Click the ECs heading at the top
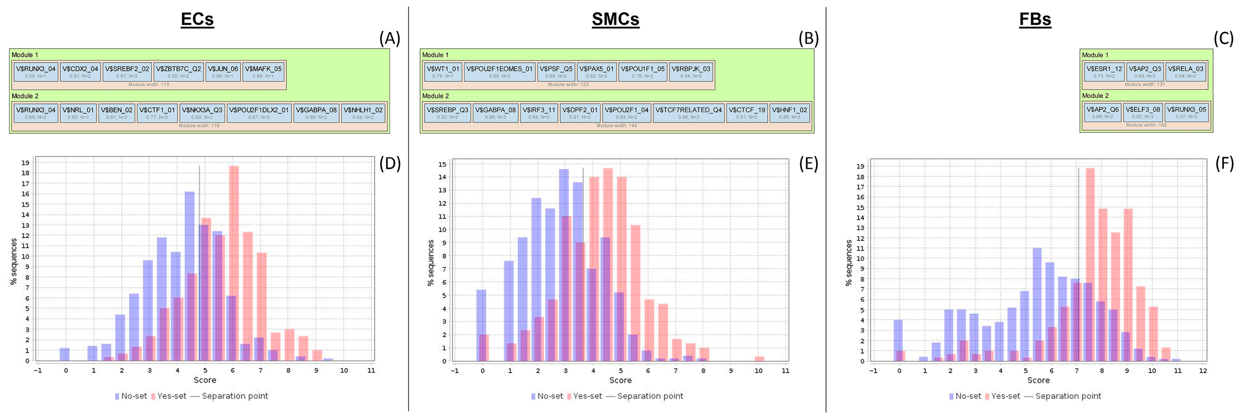pos(197,19)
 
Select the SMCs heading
pos(615,19)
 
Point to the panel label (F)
pos(1224,164)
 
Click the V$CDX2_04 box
pos(80,71)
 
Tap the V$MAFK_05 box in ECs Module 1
pos(263,71)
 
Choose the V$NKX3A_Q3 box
pos(202,112)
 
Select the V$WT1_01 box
pos(442,71)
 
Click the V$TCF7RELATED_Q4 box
pos(688,112)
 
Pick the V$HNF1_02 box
pos(789,112)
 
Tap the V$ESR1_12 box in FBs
pos(1104,71)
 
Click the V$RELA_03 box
pos(1185,71)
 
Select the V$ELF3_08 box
pos(1143,112)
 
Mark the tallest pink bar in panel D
pos(234,263)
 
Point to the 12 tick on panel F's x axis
pos(1202,371)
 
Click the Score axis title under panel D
pos(205,380)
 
